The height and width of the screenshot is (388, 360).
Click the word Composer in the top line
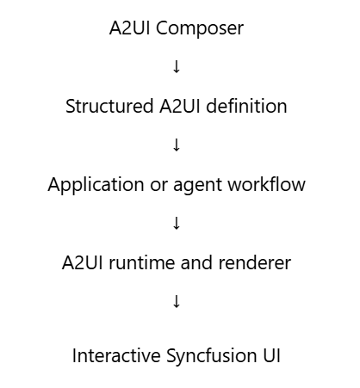click(x=200, y=29)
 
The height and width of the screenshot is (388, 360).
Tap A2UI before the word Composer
click(x=130, y=28)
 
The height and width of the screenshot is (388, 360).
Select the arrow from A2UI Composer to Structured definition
click(x=177, y=66)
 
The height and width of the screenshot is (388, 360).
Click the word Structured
click(x=109, y=106)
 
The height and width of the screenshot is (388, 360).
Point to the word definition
click(x=246, y=106)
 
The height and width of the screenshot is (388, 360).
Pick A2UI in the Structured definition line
click(x=180, y=107)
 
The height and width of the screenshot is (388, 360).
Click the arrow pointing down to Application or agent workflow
click(x=177, y=145)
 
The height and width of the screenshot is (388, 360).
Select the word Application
click(x=96, y=185)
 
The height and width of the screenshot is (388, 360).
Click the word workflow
click(x=267, y=184)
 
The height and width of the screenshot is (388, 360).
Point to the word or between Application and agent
click(x=158, y=187)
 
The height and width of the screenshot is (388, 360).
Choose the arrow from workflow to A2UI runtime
click(x=177, y=223)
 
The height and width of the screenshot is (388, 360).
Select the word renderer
click(x=255, y=263)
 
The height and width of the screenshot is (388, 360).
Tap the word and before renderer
click(x=196, y=262)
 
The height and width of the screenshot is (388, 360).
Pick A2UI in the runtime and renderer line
click(x=83, y=263)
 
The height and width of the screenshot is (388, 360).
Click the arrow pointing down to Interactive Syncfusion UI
click(x=177, y=301)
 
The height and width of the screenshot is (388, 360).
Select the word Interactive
click(x=116, y=355)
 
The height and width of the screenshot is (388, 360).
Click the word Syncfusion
click(x=212, y=356)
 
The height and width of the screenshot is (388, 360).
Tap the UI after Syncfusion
click(x=271, y=356)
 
